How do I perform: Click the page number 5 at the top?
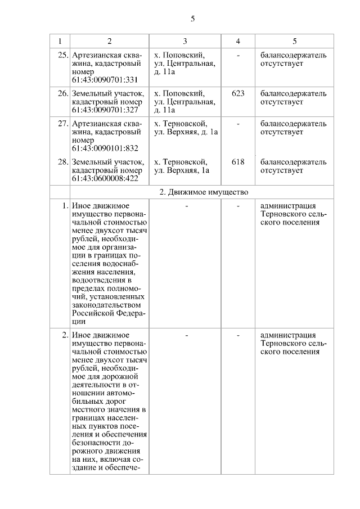click(192, 19)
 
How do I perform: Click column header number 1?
click(60, 41)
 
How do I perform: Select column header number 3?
click(184, 41)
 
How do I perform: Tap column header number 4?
click(238, 41)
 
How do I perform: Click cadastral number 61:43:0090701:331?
click(105, 80)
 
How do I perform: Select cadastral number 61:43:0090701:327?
click(105, 110)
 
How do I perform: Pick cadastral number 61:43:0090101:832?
click(105, 148)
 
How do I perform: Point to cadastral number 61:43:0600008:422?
click(105, 179)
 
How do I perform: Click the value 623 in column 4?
click(238, 93)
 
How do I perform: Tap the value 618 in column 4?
click(238, 162)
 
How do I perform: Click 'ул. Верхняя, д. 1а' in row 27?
click(186, 132)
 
